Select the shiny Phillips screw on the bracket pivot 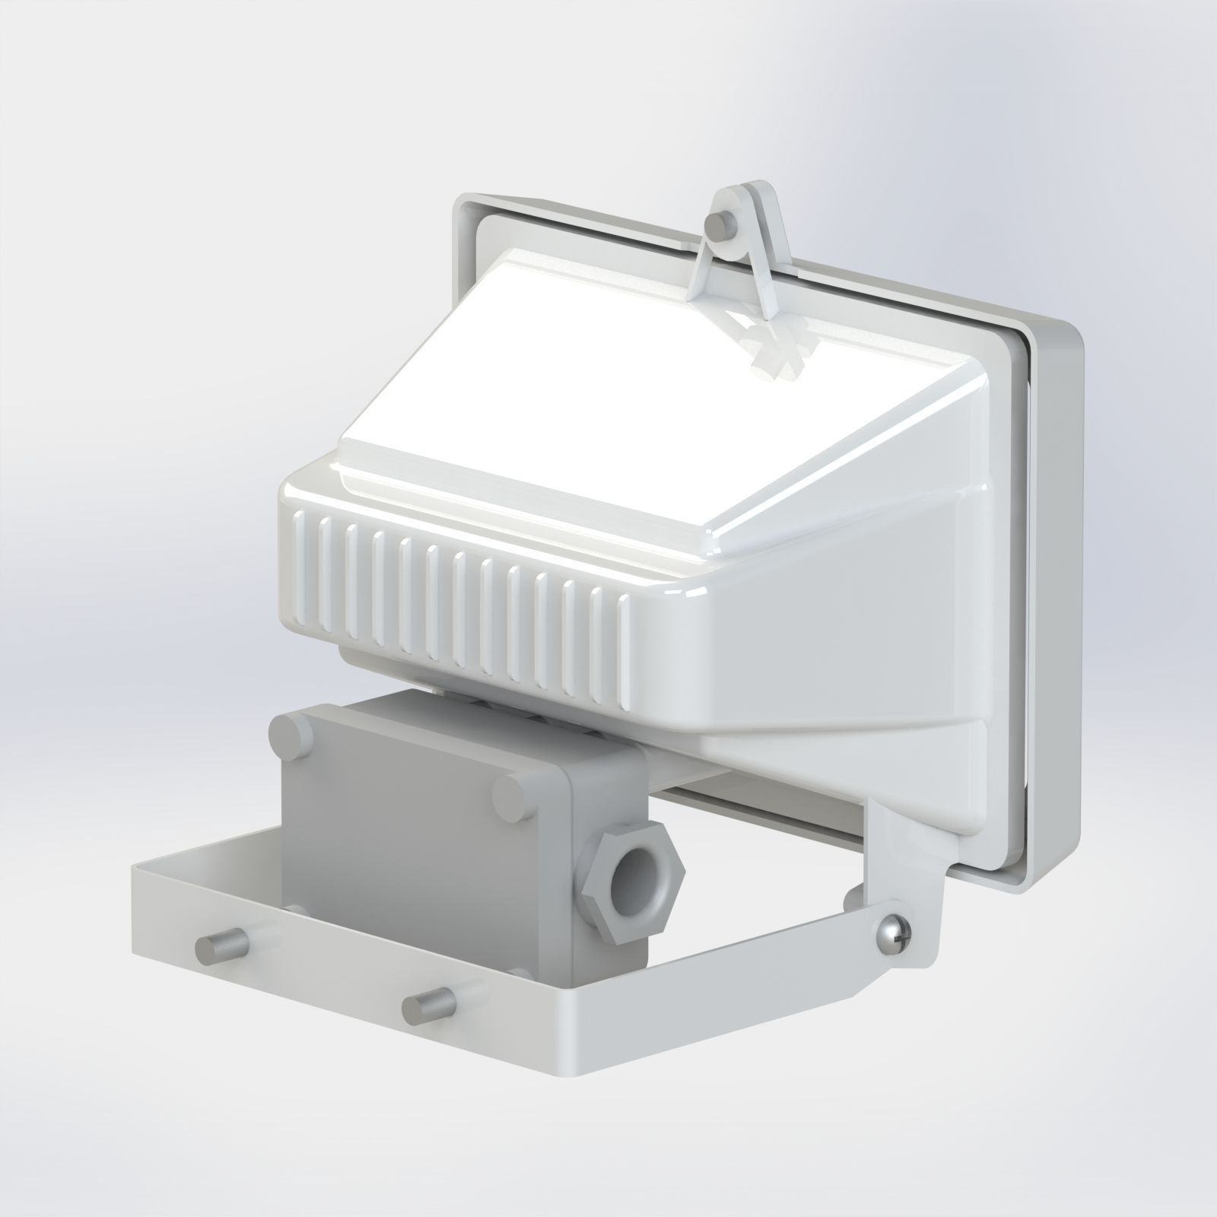[892, 934]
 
